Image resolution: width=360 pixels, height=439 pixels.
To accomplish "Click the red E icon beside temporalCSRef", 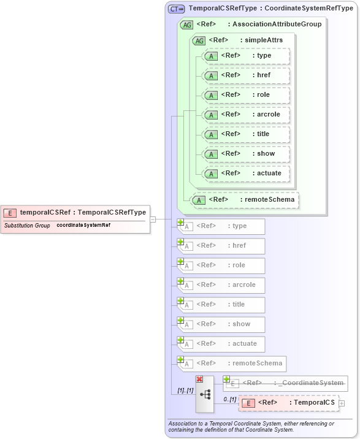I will (x=10, y=213).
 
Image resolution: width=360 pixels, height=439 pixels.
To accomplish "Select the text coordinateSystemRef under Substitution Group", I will (x=83, y=225).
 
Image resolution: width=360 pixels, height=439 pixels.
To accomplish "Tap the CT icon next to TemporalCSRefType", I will (x=177, y=9).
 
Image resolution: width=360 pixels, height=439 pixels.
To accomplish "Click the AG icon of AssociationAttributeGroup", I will (x=186, y=25).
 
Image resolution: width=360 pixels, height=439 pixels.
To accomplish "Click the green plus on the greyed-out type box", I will (x=181, y=223).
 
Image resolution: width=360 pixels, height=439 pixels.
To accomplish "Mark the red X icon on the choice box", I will (x=199, y=380).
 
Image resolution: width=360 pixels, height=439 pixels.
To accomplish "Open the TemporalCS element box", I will (x=288, y=403).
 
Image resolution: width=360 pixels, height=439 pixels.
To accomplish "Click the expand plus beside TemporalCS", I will (x=342, y=403).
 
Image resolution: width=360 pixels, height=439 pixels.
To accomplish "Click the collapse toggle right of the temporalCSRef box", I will (x=153, y=219).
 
